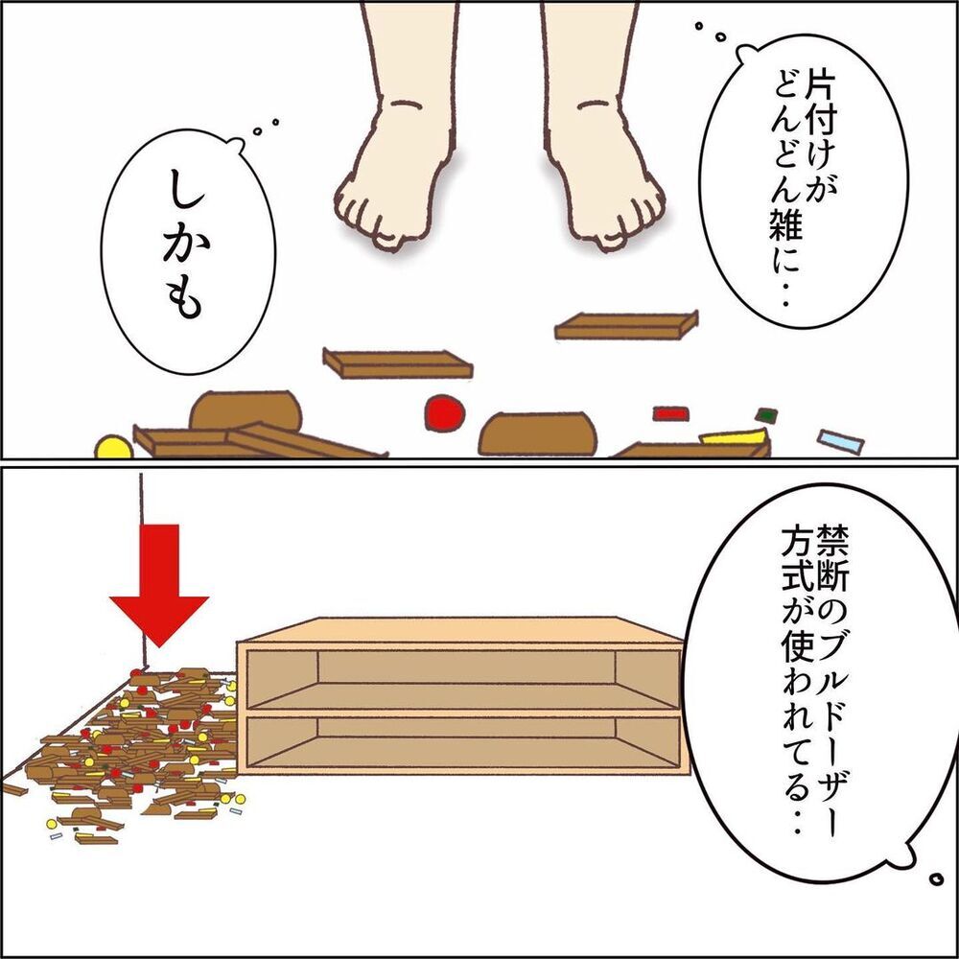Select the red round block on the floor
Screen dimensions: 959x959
[x=444, y=412]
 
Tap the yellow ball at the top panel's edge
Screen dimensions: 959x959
[x=113, y=447]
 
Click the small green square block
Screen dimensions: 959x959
[x=765, y=416]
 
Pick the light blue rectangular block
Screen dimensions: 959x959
[x=840, y=440]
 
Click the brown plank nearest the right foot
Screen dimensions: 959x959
[x=625, y=326]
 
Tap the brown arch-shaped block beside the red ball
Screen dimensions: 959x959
[x=537, y=433]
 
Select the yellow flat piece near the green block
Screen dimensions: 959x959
[x=733, y=437]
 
